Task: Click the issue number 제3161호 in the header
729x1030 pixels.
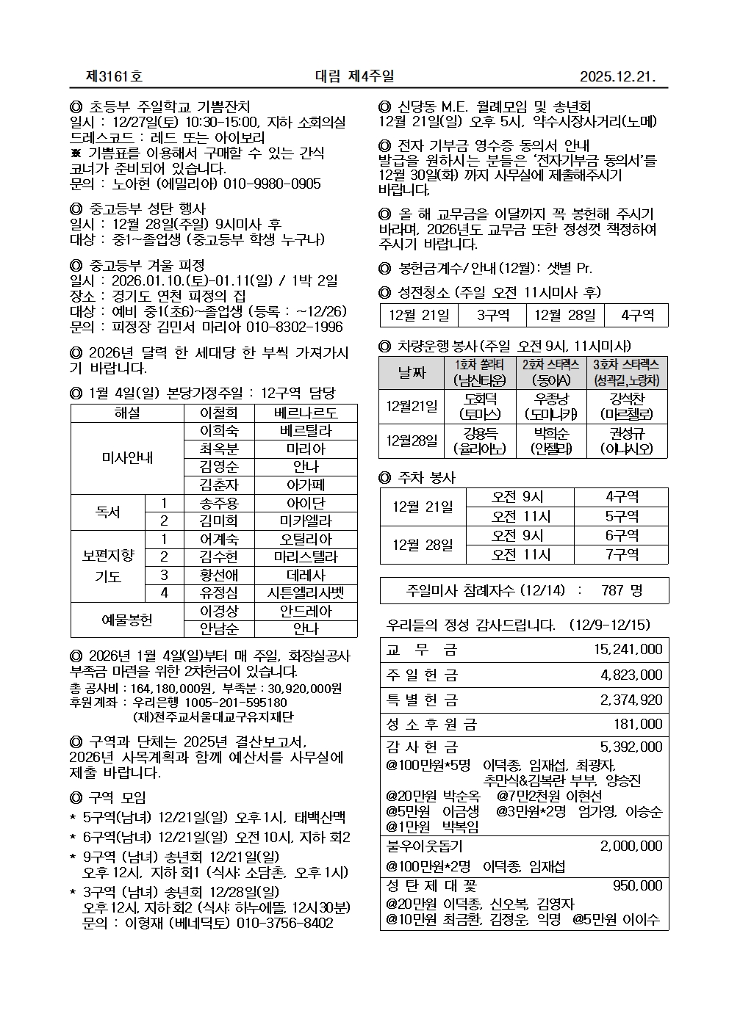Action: click(115, 76)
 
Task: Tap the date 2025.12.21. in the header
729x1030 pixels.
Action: click(617, 76)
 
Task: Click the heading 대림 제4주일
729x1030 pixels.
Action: click(354, 76)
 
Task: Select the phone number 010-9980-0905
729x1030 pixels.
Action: click(273, 184)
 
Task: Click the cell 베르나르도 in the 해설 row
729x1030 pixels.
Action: click(306, 413)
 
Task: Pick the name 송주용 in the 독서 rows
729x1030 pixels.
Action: click(218, 504)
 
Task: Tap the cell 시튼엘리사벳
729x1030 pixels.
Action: click(306, 593)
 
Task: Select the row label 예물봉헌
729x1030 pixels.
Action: click(126, 620)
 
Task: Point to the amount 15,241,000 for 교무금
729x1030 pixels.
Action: click(628, 649)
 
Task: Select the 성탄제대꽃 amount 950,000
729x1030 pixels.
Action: click(637, 885)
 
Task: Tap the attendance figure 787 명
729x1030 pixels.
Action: click(621, 590)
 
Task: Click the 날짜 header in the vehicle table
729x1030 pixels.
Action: click(412, 373)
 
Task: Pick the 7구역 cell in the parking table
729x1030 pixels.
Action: click(622, 554)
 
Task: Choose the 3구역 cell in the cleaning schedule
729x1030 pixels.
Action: click(492, 315)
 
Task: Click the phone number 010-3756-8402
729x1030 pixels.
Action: click(284, 923)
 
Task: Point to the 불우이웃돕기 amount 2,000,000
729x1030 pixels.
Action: click(631, 846)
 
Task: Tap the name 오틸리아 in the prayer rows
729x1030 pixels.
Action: click(306, 540)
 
